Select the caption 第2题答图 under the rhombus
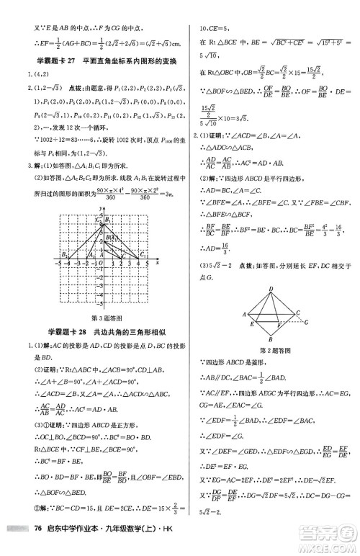[x=271, y=351]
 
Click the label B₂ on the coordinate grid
[x=63, y=254]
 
